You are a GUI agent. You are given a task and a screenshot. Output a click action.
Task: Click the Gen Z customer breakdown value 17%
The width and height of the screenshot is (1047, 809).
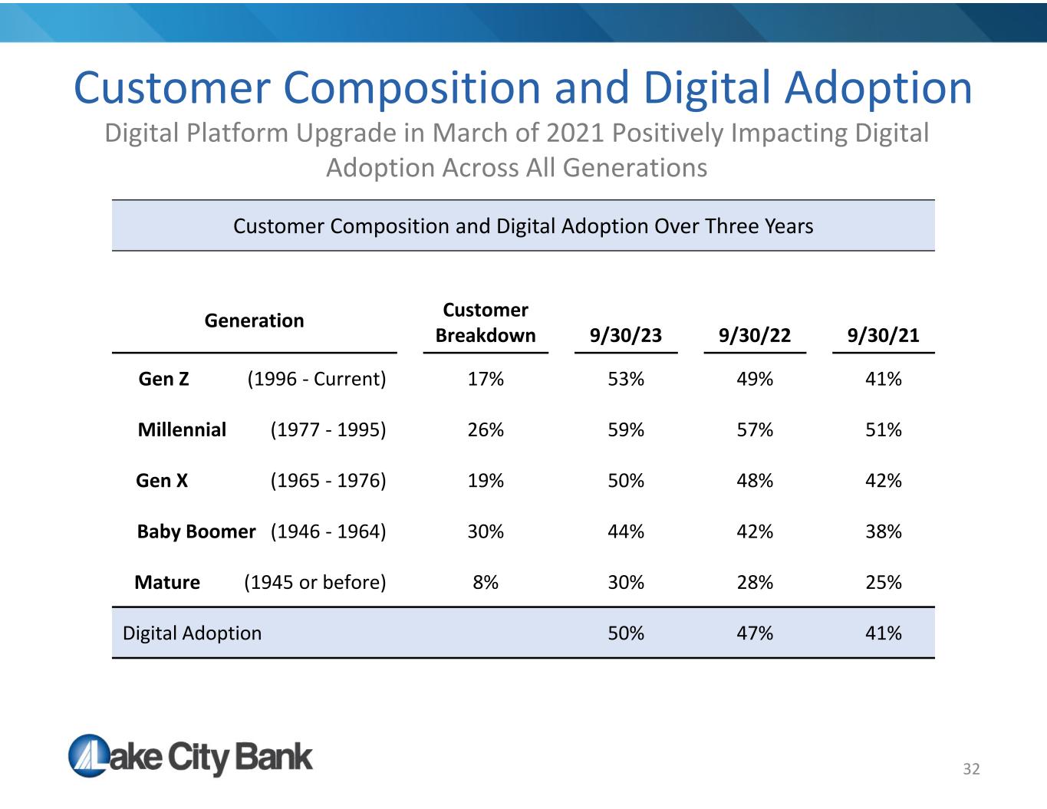(x=486, y=379)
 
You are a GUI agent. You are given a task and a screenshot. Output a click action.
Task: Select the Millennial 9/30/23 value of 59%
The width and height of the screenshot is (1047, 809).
(x=625, y=429)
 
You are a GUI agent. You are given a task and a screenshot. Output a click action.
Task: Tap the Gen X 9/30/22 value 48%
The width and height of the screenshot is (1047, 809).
(x=755, y=481)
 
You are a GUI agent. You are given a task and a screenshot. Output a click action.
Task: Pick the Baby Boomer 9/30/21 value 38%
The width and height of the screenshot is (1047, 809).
(x=883, y=531)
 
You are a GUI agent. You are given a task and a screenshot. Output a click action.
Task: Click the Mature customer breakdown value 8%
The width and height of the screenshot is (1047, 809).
(x=486, y=582)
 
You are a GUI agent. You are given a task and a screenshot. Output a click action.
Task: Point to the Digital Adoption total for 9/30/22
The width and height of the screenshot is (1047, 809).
(x=755, y=633)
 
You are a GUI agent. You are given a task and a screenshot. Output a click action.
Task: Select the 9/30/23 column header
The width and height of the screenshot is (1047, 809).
(x=625, y=335)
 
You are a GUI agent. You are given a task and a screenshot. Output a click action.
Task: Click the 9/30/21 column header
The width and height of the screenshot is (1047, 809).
(x=883, y=335)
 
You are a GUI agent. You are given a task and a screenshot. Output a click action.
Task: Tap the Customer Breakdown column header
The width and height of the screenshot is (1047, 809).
(x=486, y=323)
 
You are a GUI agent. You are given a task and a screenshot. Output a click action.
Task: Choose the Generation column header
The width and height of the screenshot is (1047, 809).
(x=254, y=321)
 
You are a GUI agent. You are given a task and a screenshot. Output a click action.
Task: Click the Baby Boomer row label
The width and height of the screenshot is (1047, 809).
(x=196, y=531)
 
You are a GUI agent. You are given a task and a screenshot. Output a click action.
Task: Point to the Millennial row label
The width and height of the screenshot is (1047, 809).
(x=182, y=429)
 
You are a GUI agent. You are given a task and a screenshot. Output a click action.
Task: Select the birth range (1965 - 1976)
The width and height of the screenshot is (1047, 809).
(x=328, y=481)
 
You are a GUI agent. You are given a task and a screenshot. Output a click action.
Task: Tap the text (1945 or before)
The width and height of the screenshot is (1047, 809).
(x=315, y=582)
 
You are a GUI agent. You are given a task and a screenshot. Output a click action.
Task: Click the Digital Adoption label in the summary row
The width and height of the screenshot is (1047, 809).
(x=193, y=633)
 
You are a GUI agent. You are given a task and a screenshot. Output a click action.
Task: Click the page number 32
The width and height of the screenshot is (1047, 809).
(x=971, y=769)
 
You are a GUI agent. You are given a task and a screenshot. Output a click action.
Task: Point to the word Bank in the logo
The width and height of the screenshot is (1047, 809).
(x=273, y=757)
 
